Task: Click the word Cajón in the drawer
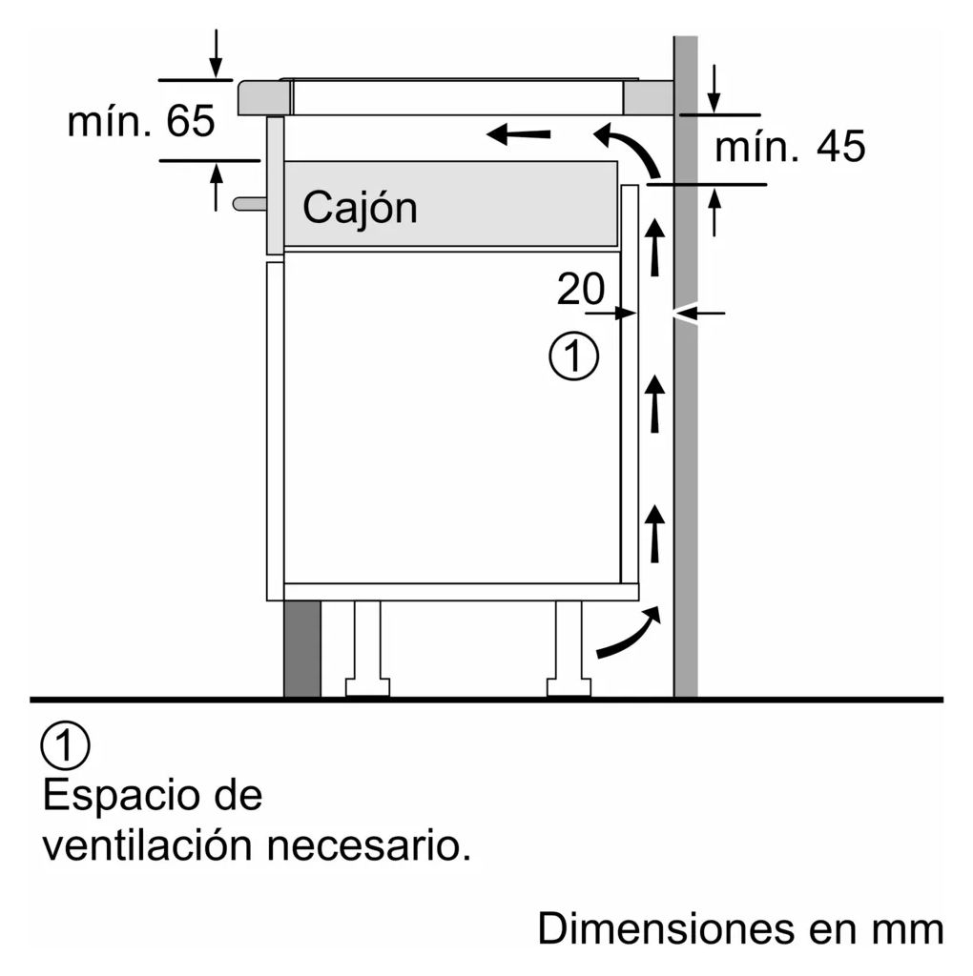coord(360,209)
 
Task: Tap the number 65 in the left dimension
coord(191,121)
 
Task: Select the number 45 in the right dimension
coord(841,147)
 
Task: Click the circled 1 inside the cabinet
coord(573,356)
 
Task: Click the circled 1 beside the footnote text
coord(66,745)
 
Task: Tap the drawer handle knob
coord(249,204)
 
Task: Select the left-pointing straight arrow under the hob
coord(518,133)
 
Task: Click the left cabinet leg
coord(367,648)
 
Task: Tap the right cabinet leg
coord(569,648)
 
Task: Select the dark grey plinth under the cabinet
coord(302,648)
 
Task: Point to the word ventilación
coord(148,845)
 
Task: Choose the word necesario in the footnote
coord(369,847)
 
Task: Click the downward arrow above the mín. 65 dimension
coord(216,53)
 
